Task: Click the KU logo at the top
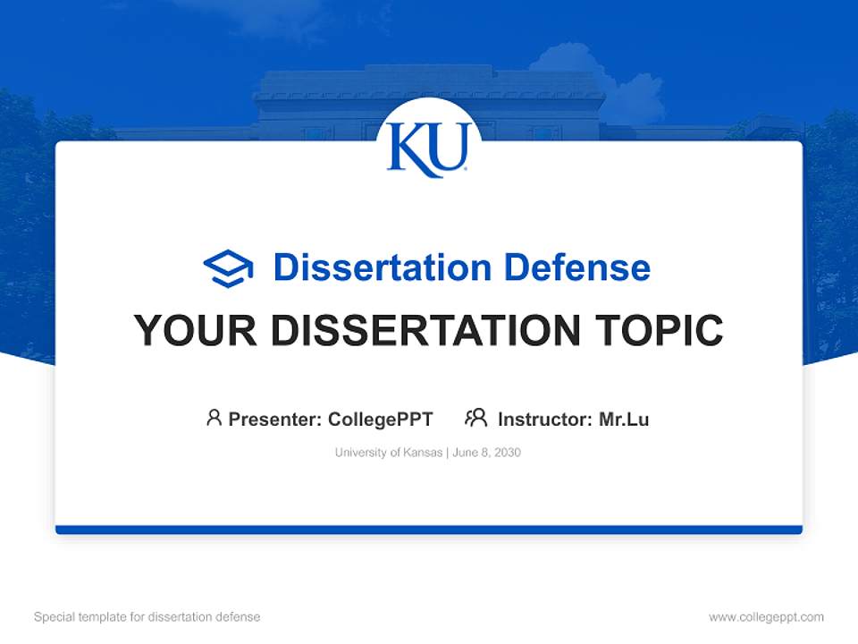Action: point(428,148)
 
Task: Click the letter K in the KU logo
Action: point(410,149)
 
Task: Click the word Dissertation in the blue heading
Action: point(382,267)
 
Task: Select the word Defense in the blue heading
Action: point(576,267)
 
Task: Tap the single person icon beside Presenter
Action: point(214,418)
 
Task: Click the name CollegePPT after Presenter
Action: point(380,419)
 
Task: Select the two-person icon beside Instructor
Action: point(475,418)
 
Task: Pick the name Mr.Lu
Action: point(624,419)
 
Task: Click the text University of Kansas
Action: point(388,453)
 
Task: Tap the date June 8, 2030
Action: point(487,453)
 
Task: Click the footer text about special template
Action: point(147,617)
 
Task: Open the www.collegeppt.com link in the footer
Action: point(766,617)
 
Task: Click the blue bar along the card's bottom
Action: point(429,530)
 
